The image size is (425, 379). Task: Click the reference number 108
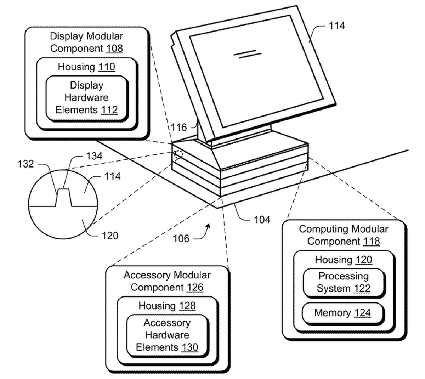(x=114, y=48)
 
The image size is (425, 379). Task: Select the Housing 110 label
(x=86, y=67)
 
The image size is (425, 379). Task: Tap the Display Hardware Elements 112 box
(x=86, y=98)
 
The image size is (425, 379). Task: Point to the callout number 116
(x=178, y=127)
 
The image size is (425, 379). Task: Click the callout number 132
(x=26, y=164)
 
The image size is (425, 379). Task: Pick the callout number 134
(x=94, y=156)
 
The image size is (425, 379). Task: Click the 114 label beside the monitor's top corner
(x=336, y=26)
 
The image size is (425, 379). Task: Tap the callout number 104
(x=262, y=220)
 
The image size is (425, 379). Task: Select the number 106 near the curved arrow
(x=181, y=238)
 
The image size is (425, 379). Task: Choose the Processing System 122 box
(x=343, y=282)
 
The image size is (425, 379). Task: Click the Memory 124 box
(x=342, y=313)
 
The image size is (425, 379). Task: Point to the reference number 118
(x=371, y=241)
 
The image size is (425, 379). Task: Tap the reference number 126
(x=195, y=287)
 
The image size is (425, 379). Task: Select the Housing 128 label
(x=167, y=306)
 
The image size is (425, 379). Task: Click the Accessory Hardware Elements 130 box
(x=167, y=335)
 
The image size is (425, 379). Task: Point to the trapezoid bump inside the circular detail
(x=63, y=198)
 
